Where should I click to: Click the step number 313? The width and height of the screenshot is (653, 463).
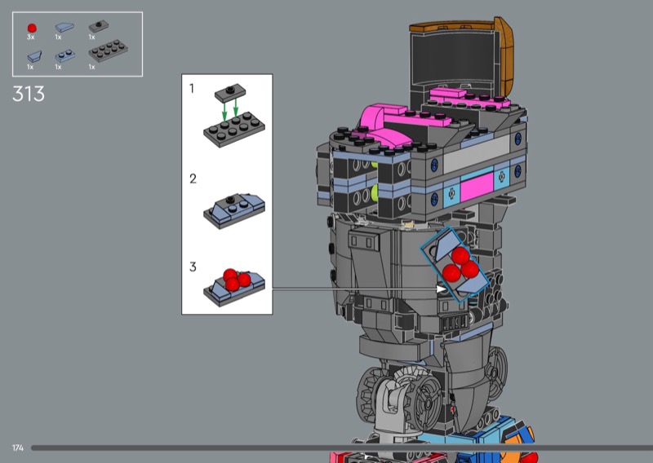[x=29, y=94]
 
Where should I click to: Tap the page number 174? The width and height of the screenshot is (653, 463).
[x=18, y=448]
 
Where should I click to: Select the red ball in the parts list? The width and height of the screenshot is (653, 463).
[x=32, y=28]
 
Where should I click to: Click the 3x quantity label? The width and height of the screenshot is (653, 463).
[x=30, y=37]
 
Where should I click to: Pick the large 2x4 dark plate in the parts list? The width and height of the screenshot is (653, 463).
[x=108, y=51]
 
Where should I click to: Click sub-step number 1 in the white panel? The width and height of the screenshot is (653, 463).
[x=192, y=88]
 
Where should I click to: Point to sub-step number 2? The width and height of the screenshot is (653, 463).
[x=193, y=179]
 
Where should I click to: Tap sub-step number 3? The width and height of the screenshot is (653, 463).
[x=193, y=267]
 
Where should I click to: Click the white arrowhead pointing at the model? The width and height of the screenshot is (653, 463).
[x=441, y=289]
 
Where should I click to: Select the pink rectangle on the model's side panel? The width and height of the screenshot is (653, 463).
[x=477, y=188]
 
